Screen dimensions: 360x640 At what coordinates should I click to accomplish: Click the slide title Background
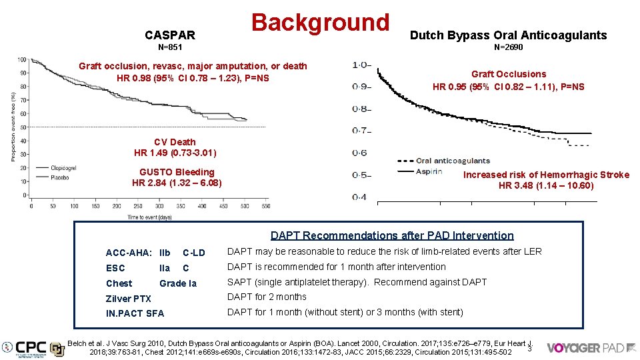coord(319,22)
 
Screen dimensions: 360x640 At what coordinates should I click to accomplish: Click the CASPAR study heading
coord(170,35)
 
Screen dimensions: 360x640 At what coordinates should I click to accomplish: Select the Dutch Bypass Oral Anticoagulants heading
coord(508,35)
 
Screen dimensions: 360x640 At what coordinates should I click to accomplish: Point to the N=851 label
coord(170,48)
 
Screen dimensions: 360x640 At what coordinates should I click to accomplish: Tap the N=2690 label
coord(508,48)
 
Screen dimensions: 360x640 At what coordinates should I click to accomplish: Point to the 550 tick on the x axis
coord(265,206)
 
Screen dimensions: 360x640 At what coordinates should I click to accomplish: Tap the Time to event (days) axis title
coord(149,217)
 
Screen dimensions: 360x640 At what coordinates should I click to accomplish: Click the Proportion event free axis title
coord(13,127)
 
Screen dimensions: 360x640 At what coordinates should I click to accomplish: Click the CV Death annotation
coord(175,142)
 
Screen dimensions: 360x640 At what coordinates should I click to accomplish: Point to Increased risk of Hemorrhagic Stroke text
coord(546,175)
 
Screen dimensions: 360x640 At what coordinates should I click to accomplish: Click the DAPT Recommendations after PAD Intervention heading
coord(392,235)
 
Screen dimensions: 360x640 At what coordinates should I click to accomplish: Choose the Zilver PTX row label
coord(129,299)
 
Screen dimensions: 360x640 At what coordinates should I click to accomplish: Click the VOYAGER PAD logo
coord(585,347)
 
